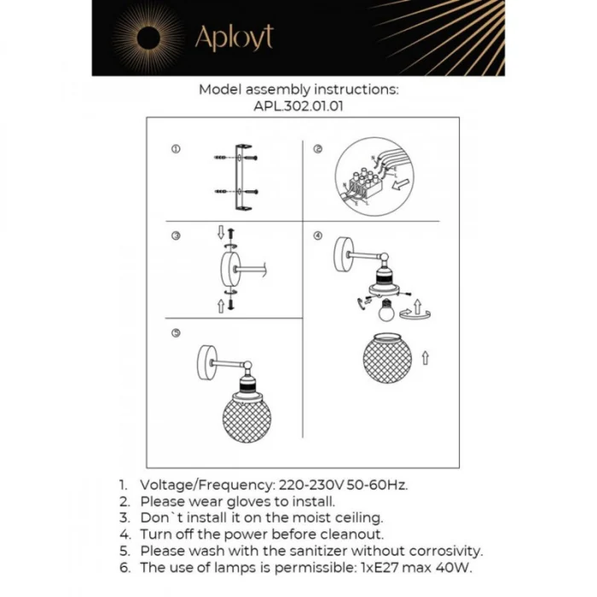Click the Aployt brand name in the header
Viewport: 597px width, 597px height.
234,38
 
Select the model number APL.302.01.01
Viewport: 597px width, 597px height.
298,107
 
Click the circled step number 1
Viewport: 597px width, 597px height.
176,149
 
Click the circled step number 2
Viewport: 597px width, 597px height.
317,149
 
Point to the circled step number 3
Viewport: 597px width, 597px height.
176,236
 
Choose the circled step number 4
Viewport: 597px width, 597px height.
317,236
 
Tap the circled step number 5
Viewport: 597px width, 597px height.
176,333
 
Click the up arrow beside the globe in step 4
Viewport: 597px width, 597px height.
424,358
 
